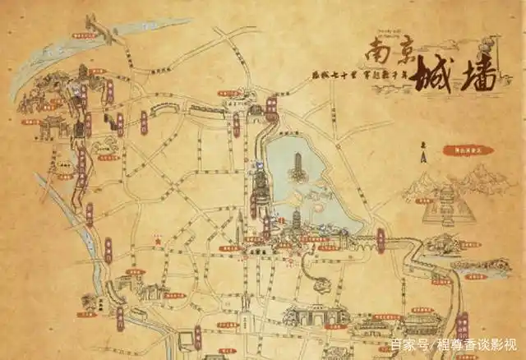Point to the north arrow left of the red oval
pyautogui.click(x=424, y=154)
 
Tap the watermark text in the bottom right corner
pyautogui.click(x=454, y=344)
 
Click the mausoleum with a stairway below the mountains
pyautogui.click(x=449, y=205)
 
